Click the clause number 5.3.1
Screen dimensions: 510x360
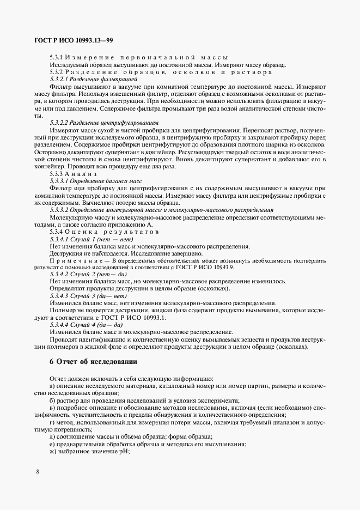(x=57, y=58)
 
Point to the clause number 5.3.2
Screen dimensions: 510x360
(x=57, y=72)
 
